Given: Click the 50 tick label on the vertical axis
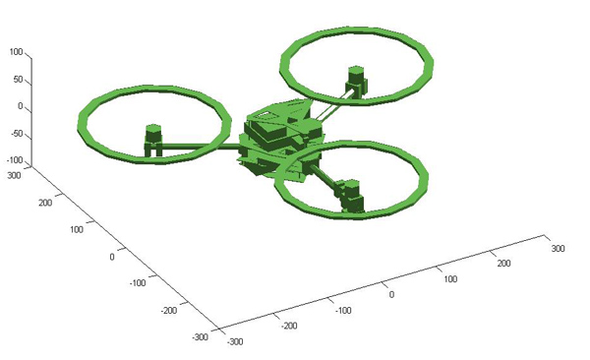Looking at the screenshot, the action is click(18, 80).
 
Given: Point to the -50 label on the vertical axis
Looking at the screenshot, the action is click(15, 134).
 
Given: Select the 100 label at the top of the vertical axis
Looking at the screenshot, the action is click(16, 52).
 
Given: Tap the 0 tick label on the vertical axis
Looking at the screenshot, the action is click(21, 106).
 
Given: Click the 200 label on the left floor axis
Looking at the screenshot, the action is click(45, 203).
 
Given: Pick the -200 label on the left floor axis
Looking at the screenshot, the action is click(169, 310).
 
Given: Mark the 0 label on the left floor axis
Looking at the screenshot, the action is click(112, 257).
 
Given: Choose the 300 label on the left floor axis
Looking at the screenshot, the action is click(15, 175).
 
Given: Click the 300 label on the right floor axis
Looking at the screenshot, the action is click(558, 248).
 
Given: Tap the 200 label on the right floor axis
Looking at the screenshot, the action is click(503, 263).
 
